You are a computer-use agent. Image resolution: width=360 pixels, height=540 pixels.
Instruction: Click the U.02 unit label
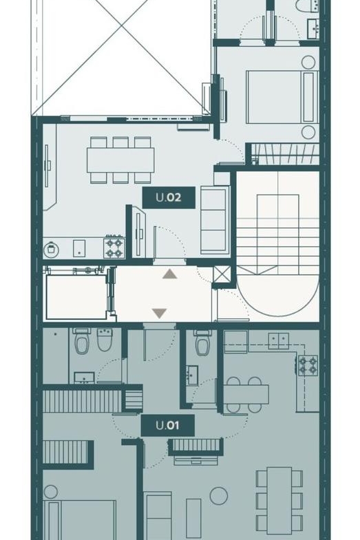[169, 197]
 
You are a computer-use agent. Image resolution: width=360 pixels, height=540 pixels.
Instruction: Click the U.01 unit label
[168, 425]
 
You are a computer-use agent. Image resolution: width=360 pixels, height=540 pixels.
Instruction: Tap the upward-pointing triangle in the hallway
[170, 274]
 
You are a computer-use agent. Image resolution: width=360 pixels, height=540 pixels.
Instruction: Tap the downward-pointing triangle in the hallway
[160, 314]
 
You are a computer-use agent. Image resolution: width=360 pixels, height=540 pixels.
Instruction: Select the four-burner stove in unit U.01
[308, 366]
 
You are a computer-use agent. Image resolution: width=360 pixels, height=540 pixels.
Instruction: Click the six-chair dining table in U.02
[120, 160]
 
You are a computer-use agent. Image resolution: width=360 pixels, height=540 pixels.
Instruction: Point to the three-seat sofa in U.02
[215, 219]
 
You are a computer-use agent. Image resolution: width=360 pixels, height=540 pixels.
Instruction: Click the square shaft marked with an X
[222, 274]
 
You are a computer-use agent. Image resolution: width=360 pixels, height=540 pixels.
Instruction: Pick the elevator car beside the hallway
[76, 297]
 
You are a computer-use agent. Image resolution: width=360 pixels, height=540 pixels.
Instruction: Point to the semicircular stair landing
[278, 295]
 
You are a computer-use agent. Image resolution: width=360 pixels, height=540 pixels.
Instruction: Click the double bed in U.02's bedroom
[282, 97]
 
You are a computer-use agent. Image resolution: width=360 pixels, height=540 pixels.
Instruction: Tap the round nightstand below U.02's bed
[308, 132]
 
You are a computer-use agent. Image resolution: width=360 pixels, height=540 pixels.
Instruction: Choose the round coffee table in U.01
[219, 496]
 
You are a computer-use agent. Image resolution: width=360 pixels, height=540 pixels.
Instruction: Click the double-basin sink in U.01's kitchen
[278, 341]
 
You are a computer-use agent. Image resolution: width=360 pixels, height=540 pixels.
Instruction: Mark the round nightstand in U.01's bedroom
[51, 492]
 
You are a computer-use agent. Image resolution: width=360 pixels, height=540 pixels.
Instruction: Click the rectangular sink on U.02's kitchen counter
[79, 248]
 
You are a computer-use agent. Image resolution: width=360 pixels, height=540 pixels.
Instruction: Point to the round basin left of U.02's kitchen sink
[52, 249]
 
